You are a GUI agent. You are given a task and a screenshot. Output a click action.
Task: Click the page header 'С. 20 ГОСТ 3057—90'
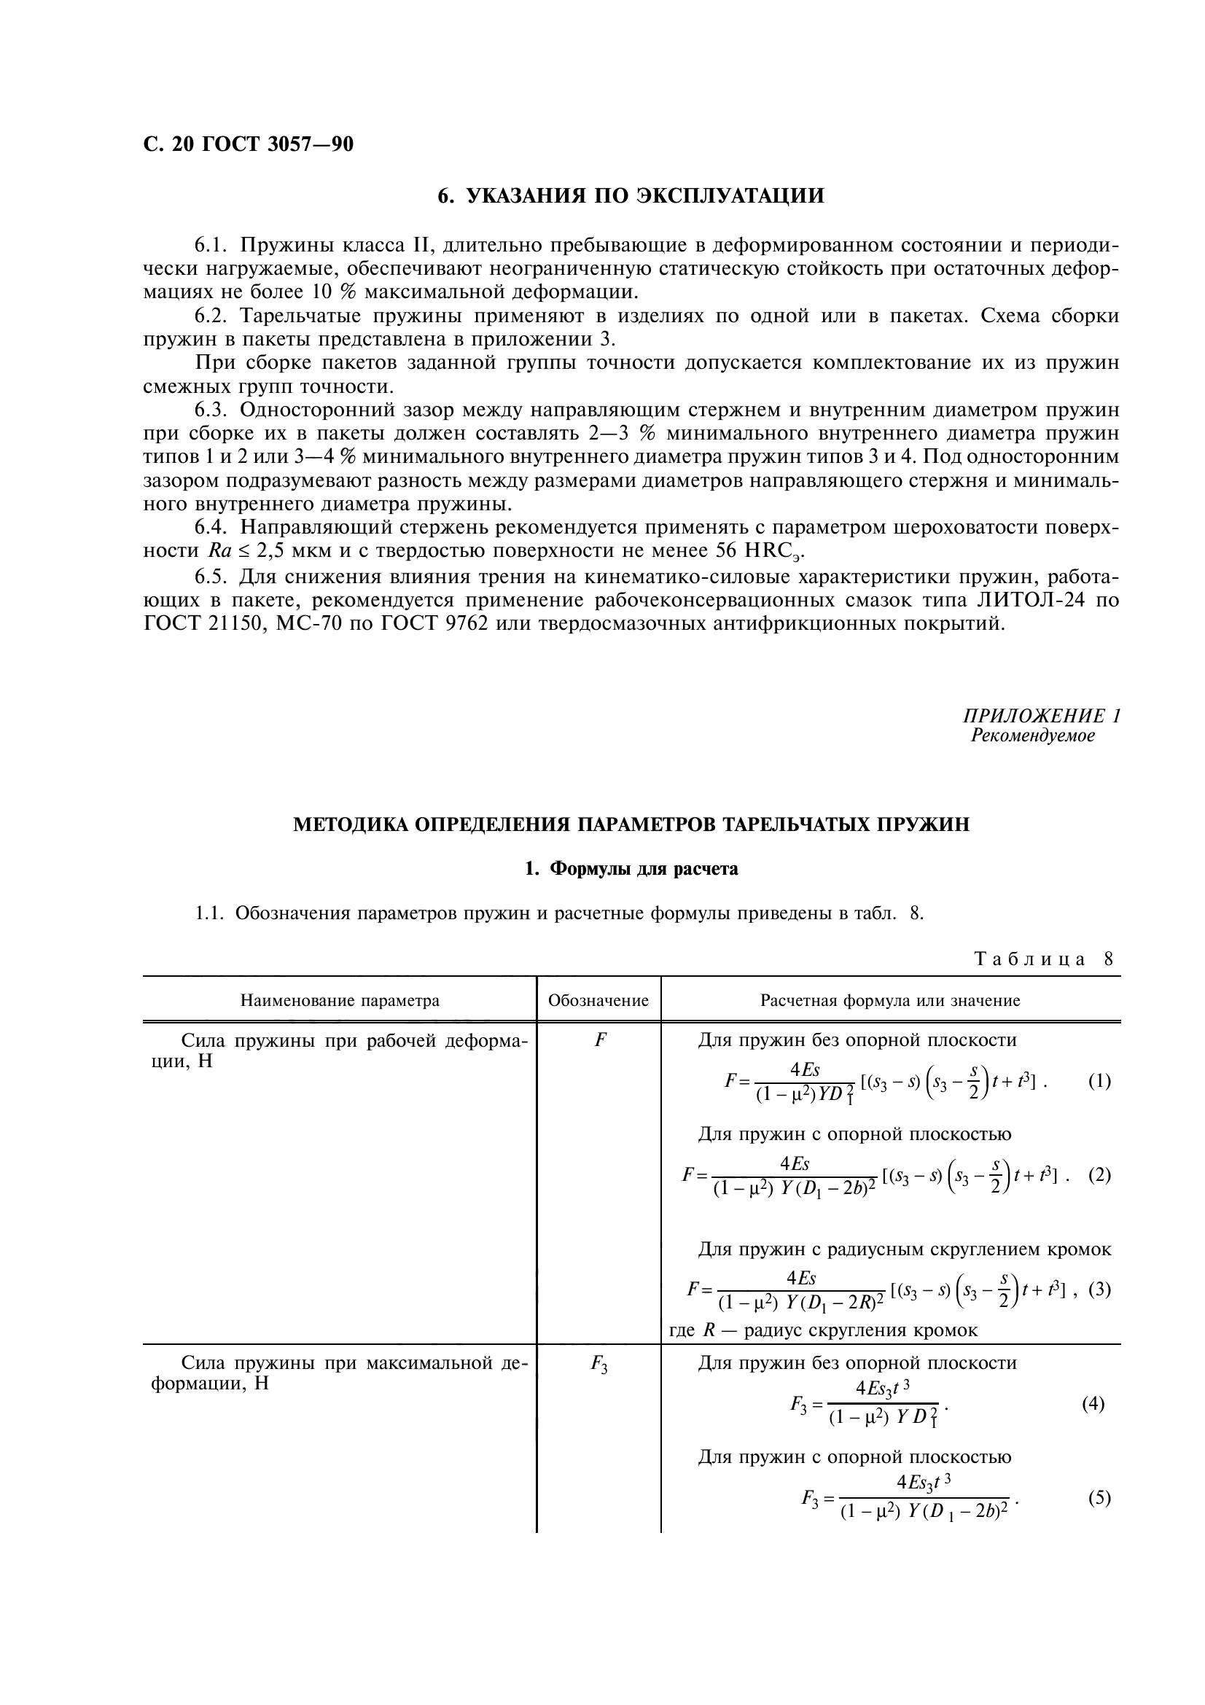pos(248,144)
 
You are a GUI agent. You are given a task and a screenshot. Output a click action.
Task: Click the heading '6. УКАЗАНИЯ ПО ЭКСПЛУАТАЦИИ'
pos(631,196)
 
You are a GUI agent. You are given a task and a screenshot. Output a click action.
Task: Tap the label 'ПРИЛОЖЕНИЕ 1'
pos(1041,716)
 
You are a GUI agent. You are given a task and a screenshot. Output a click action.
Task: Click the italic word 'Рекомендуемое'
pos(1033,736)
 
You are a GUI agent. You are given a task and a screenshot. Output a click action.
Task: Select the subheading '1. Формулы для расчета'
pos(631,869)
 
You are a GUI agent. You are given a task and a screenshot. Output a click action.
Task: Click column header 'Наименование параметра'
pos(339,1000)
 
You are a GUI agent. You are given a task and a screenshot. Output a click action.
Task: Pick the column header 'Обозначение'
pos(598,1000)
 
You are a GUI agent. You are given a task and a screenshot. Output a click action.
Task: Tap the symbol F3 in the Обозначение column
pos(598,1363)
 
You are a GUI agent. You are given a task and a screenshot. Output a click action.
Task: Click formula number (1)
pos(1099,1080)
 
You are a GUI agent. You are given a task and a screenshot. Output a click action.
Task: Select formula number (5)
pos(1099,1498)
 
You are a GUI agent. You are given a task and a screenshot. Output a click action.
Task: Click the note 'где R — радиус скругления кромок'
pos(823,1330)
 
